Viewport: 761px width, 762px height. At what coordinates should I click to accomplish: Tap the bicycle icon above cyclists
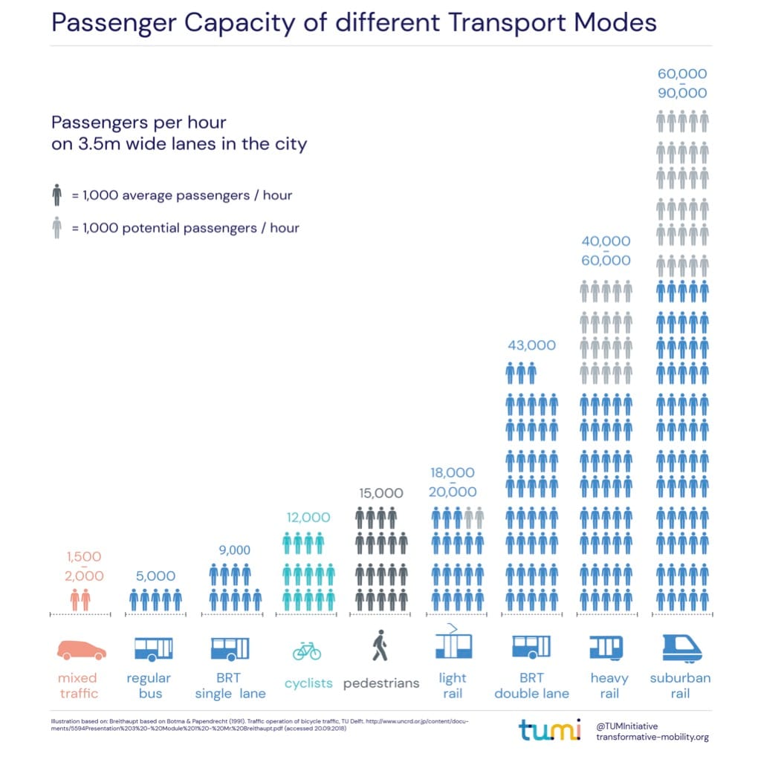tap(306, 651)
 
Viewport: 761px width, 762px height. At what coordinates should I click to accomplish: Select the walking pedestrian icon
tap(380, 645)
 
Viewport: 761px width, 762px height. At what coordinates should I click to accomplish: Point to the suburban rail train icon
tap(681, 648)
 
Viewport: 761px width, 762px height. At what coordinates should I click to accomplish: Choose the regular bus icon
tap(153, 648)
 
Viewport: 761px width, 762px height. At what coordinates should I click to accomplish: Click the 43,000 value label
tap(531, 345)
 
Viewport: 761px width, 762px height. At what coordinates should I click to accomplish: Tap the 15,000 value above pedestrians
tap(380, 493)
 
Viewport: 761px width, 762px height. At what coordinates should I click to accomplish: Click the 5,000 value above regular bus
tap(155, 576)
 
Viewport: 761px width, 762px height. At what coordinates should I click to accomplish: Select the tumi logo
tap(549, 730)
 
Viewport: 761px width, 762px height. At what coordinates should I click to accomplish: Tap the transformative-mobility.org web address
tap(652, 737)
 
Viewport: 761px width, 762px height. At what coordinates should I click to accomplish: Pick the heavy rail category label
tap(609, 686)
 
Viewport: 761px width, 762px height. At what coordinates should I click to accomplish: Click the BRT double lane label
tap(531, 686)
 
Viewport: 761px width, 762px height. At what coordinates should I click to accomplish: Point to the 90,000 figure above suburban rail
tap(681, 94)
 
